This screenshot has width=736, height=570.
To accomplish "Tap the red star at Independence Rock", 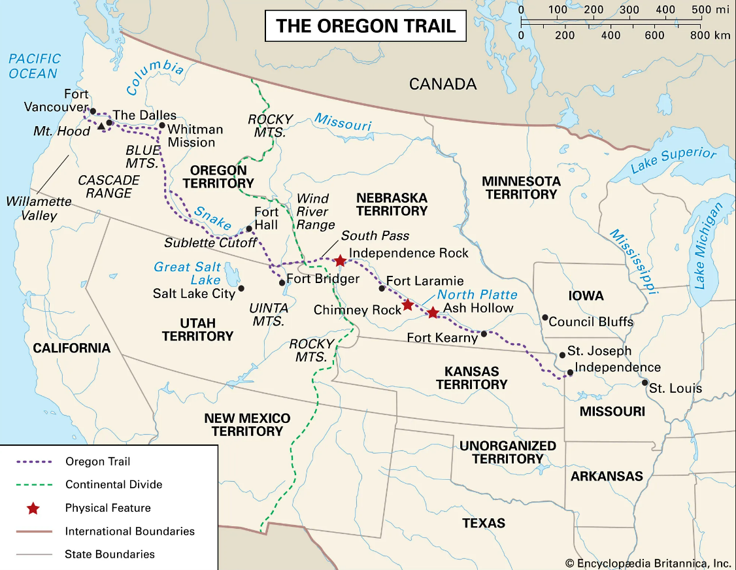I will (x=340, y=261).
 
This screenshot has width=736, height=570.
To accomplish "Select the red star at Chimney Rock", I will (x=407, y=305).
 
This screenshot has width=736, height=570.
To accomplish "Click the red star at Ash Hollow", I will (x=433, y=312).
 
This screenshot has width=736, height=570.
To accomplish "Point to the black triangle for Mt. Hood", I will (x=101, y=126).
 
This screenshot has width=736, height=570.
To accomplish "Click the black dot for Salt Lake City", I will (x=241, y=288).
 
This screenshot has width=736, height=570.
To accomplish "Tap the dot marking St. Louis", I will (x=645, y=383).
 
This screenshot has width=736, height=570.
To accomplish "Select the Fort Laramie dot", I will (x=382, y=288).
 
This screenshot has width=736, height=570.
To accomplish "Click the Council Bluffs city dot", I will (x=544, y=318).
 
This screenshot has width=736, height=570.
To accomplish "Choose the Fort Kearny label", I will (x=443, y=338).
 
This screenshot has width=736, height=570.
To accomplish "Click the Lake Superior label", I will (x=673, y=161).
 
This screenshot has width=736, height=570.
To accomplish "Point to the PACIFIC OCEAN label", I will (x=35, y=66).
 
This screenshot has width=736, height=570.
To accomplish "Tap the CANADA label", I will (x=443, y=84).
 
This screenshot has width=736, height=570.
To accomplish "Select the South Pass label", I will (x=375, y=236).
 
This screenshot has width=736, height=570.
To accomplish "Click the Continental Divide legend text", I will (x=114, y=484).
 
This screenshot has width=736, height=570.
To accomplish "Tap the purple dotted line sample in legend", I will (x=33, y=461).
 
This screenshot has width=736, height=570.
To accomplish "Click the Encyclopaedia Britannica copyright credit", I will (x=648, y=562).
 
